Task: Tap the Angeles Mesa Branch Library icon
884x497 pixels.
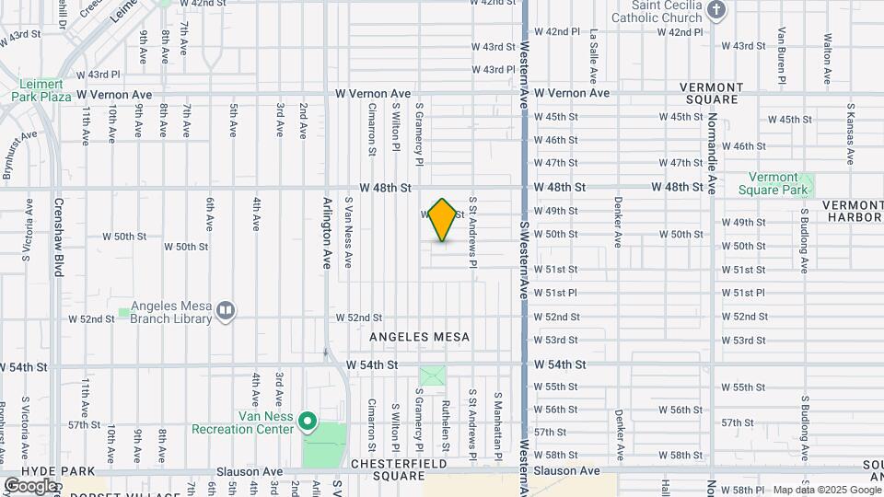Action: point(225,311)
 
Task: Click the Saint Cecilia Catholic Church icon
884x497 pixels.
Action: point(719,10)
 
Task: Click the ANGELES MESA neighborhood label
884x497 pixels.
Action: point(419,338)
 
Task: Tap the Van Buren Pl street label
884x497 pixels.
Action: point(782,54)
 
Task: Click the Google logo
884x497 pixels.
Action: point(30,485)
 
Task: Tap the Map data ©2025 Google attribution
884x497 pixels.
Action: point(825,490)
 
